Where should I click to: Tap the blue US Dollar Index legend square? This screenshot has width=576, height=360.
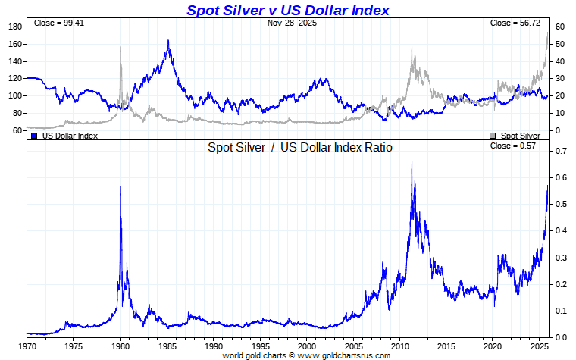[34, 136]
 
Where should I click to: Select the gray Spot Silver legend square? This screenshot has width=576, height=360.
[493, 136]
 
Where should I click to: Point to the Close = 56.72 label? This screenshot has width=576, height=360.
[515, 23]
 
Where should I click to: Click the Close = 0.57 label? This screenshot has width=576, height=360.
[513, 146]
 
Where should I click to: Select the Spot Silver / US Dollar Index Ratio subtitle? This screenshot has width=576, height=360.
[300, 147]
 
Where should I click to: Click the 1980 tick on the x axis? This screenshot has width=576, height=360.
[121, 346]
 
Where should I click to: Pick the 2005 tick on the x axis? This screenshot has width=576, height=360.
[353, 346]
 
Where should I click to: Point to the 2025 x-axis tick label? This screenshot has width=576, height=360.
[540, 346]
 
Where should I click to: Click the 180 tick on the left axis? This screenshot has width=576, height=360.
[14, 27]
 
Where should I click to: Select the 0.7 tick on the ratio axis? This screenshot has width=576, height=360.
[560, 152]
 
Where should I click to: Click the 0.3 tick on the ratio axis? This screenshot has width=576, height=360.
[560, 258]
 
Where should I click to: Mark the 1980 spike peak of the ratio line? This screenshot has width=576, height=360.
[121, 186]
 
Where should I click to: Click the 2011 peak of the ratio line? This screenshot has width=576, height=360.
[412, 161]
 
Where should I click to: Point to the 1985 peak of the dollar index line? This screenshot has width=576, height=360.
[167, 40]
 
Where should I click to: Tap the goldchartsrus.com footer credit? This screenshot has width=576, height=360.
[305, 355]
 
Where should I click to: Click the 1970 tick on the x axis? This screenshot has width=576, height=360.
[27, 346]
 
